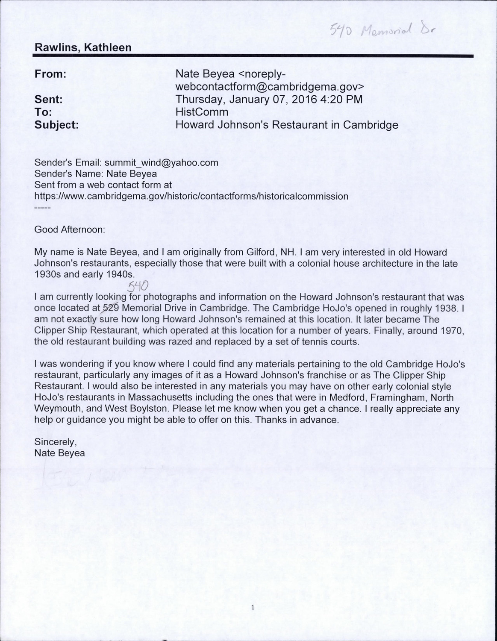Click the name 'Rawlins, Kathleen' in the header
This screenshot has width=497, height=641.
pos(83,48)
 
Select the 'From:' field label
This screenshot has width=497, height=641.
pos(50,74)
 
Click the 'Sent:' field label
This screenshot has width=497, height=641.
pos(48,100)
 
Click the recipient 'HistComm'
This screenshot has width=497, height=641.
pos(202,112)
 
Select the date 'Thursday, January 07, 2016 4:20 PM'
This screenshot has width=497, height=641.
pos(269,100)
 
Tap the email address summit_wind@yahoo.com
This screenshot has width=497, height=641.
pos(161,163)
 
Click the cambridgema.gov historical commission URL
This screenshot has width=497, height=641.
pos(191,197)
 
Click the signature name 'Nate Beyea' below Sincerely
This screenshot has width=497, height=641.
pos(59,453)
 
